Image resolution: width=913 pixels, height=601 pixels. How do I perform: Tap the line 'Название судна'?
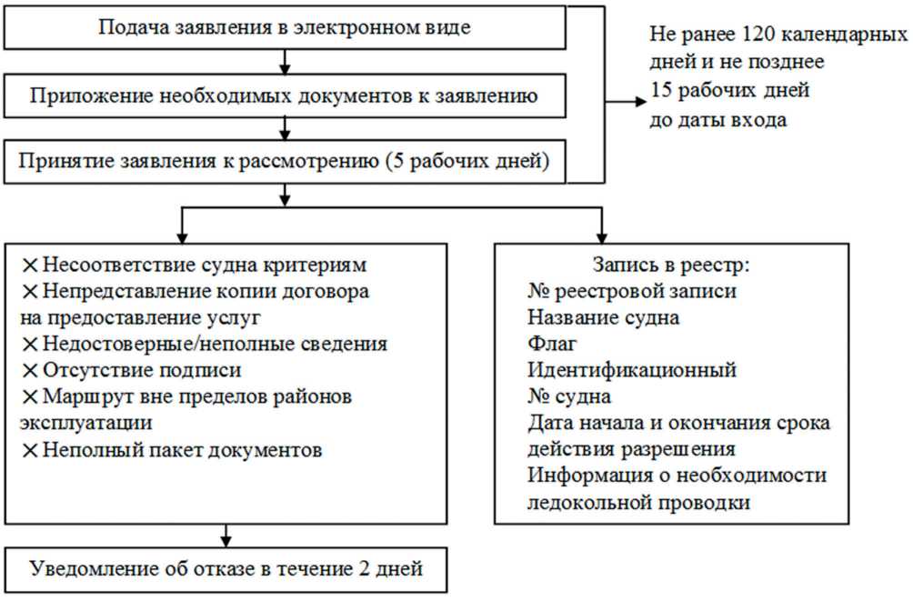(603, 318)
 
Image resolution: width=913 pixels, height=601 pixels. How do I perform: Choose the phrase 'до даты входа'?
(717, 119)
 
